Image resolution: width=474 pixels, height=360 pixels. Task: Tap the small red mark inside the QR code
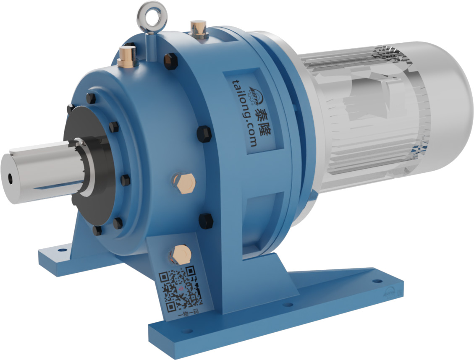(x=180, y=288)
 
